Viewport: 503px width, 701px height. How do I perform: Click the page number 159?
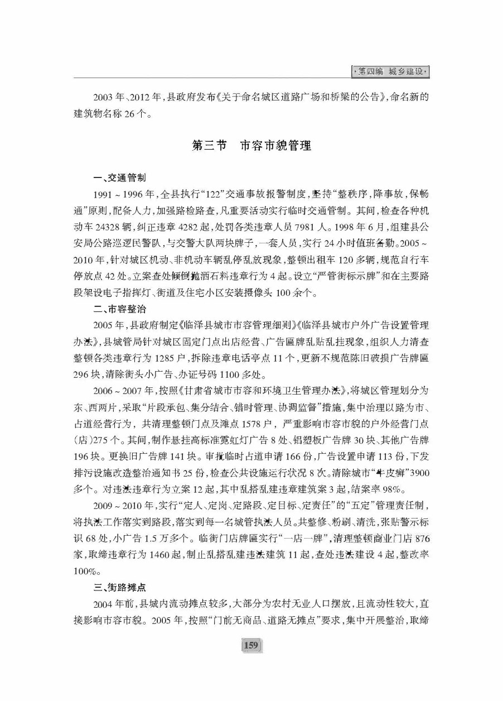click(x=251, y=646)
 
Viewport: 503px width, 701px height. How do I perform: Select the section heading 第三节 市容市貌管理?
click(x=251, y=146)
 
